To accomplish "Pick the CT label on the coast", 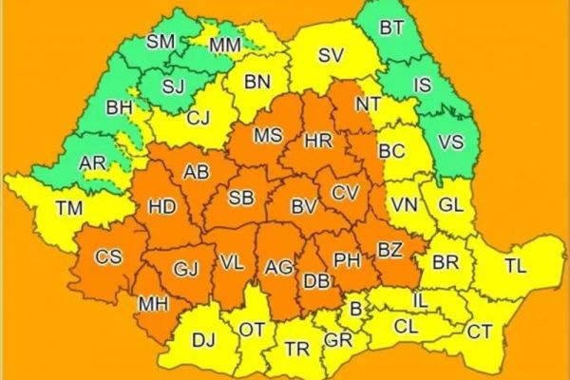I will click(479, 332).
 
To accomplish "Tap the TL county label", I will click(514, 267).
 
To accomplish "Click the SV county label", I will click(330, 55).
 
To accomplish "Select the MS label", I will click(268, 136).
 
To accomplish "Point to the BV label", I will click(303, 205).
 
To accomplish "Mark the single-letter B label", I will click(356, 309).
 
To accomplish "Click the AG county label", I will click(279, 269).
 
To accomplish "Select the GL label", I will click(451, 204).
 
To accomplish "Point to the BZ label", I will click(389, 251).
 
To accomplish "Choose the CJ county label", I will click(199, 119).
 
